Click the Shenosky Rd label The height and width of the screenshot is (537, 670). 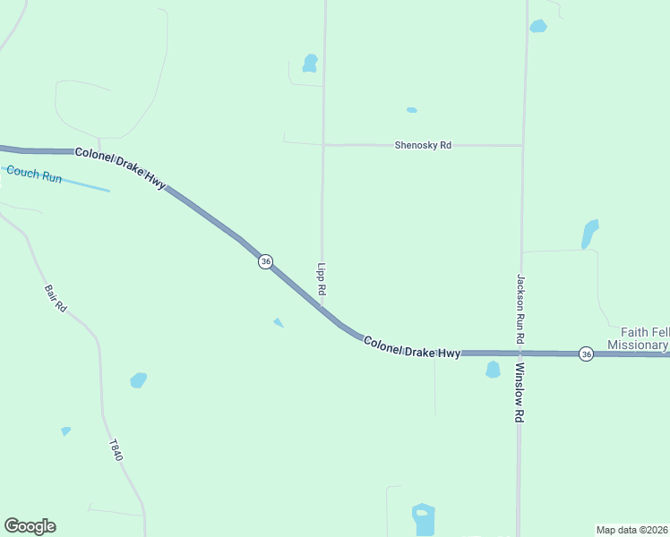click(423, 145)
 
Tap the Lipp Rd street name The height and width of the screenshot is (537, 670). click(322, 280)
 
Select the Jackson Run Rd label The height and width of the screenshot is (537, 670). click(520, 310)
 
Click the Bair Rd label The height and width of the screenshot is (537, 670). click(56, 298)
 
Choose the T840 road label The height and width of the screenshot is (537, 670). click(116, 450)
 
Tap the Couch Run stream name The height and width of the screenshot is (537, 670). click(33, 175)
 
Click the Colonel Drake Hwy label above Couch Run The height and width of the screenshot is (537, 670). click(121, 166)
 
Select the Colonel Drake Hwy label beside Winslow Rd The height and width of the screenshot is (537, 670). click(412, 347)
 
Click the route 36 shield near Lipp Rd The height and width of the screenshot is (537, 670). click(265, 260)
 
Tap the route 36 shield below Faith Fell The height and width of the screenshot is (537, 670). click(585, 354)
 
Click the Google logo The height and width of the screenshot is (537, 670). click(30, 526)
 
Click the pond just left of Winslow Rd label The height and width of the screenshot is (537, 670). click(493, 369)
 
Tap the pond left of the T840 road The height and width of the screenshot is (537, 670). click(138, 380)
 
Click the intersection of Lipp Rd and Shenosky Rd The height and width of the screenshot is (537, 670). click(323, 144)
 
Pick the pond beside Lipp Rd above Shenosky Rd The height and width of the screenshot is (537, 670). click(310, 63)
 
